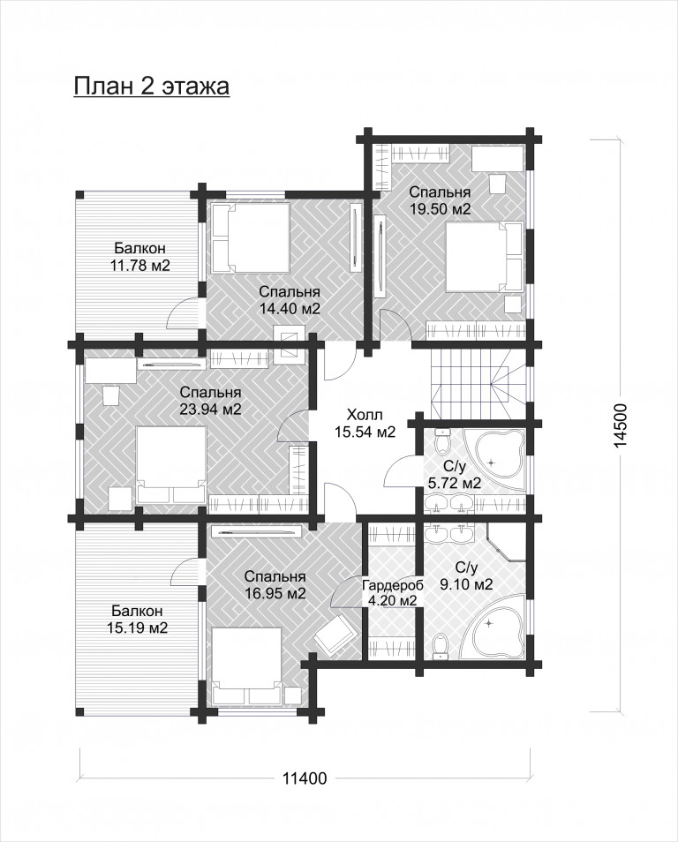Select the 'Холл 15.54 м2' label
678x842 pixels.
(x=365, y=423)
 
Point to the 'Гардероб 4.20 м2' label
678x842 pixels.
(x=393, y=593)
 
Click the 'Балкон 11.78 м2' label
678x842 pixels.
(x=139, y=257)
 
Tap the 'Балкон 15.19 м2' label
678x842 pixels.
(x=139, y=620)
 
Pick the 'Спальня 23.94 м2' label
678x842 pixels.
(x=210, y=401)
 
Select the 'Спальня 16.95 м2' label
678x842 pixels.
(x=275, y=585)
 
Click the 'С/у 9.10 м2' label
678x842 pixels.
(x=466, y=576)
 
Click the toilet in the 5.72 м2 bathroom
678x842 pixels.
(x=442, y=440)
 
